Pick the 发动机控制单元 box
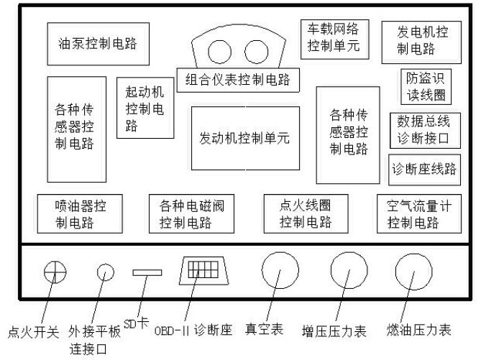[x=244, y=139]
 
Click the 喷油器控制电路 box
[x=80, y=213]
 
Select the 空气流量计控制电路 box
[x=418, y=213]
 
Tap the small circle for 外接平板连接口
[x=106, y=272]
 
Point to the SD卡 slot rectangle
[x=148, y=272]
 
